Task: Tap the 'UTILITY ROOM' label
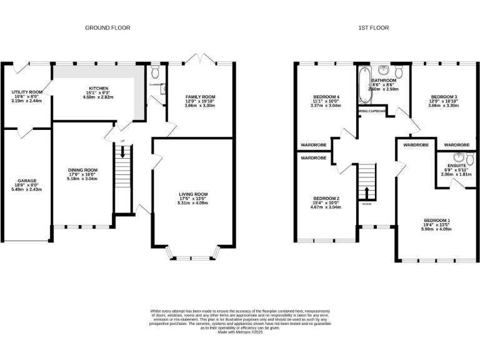[x=27, y=92]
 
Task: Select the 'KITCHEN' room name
[x=99, y=88]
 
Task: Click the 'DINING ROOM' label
[x=83, y=169]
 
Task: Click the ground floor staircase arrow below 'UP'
[x=122, y=151]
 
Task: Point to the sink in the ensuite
[x=460, y=156]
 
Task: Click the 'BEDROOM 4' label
[x=326, y=97]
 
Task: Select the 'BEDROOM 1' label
[x=437, y=221]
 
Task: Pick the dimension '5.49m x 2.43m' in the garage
[x=27, y=189]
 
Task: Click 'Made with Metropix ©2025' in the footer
[x=240, y=332]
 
